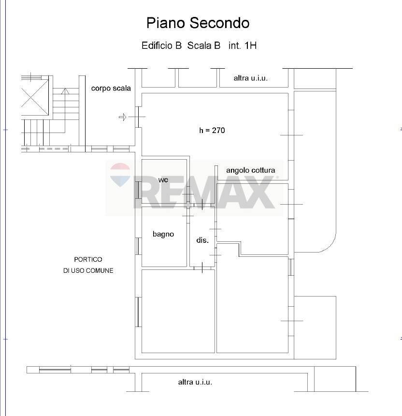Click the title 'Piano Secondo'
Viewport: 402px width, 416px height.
coord(198,23)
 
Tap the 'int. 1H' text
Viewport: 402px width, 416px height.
coord(243,46)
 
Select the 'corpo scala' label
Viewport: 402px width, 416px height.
coord(111,88)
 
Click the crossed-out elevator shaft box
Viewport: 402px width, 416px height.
coord(35,97)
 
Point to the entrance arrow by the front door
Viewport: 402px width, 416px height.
coord(123,117)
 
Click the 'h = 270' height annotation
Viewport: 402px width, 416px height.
coord(212,130)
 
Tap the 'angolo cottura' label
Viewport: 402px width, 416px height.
coord(251,170)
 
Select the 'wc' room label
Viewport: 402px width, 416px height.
coord(163,180)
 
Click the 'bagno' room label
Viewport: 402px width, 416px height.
coord(163,234)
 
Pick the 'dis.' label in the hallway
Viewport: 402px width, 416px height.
coord(202,240)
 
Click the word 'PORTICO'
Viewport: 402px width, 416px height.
coord(88,260)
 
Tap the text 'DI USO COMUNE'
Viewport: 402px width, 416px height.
coord(88,270)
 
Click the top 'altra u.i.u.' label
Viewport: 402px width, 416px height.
coord(250,77)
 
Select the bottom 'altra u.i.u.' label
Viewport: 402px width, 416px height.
coord(195,382)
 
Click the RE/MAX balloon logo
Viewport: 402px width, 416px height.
coord(120,175)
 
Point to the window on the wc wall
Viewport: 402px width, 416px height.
coord(138,190)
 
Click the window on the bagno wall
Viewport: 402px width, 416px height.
coord(138,246)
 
